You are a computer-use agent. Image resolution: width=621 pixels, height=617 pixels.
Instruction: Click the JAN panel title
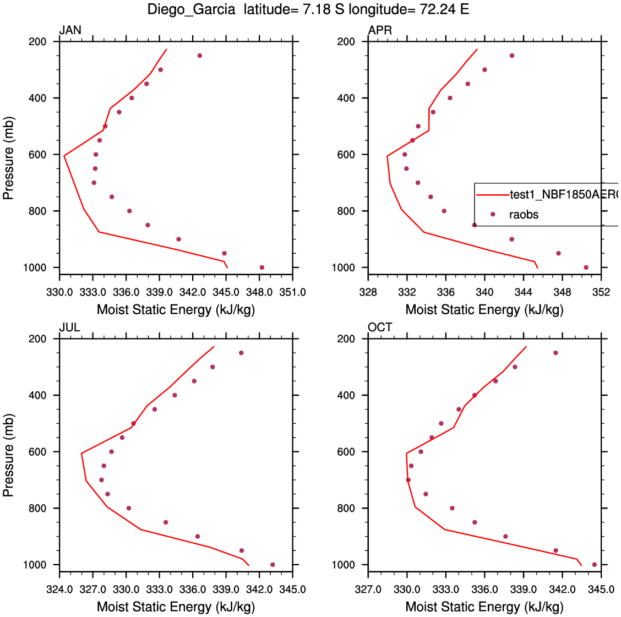(70, 30)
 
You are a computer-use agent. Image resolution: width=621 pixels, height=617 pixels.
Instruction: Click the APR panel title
(380, 30)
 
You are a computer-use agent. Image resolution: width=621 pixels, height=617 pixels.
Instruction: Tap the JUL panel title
(70, 327)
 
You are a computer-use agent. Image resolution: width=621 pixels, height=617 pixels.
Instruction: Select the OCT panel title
(380, 327)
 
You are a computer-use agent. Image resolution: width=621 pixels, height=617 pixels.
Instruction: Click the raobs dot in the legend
(493, 214)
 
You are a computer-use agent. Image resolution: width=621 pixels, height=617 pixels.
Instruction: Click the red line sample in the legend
(492, 195)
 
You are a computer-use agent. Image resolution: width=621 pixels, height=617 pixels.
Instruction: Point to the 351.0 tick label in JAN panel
(292, 292)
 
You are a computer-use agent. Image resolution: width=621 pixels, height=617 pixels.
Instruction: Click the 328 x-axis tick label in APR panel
(368, 292)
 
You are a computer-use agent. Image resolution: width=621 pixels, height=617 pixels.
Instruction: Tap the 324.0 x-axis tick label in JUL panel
(59, 589)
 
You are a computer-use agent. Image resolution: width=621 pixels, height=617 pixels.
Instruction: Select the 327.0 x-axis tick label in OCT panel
(368, 589)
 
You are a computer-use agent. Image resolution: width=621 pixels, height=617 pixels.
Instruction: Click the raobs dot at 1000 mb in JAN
(262, 267)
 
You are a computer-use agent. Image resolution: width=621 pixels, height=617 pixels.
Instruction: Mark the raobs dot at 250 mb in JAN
(200, 56)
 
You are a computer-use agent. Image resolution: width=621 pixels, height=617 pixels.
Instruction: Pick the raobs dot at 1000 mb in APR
(586, 267)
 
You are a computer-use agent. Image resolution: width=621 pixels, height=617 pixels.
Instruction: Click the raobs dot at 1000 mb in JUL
(273, 565)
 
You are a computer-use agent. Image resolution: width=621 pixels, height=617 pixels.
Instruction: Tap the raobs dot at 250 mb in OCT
(555, 353)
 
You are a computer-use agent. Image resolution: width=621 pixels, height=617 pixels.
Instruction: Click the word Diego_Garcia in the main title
(191, 10)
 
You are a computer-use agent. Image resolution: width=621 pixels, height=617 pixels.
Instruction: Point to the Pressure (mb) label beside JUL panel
(8, 455)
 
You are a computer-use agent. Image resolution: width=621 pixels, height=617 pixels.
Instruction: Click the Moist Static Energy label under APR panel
(484, 310)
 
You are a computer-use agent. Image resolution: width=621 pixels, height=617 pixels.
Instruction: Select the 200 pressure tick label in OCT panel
(346, 339)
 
